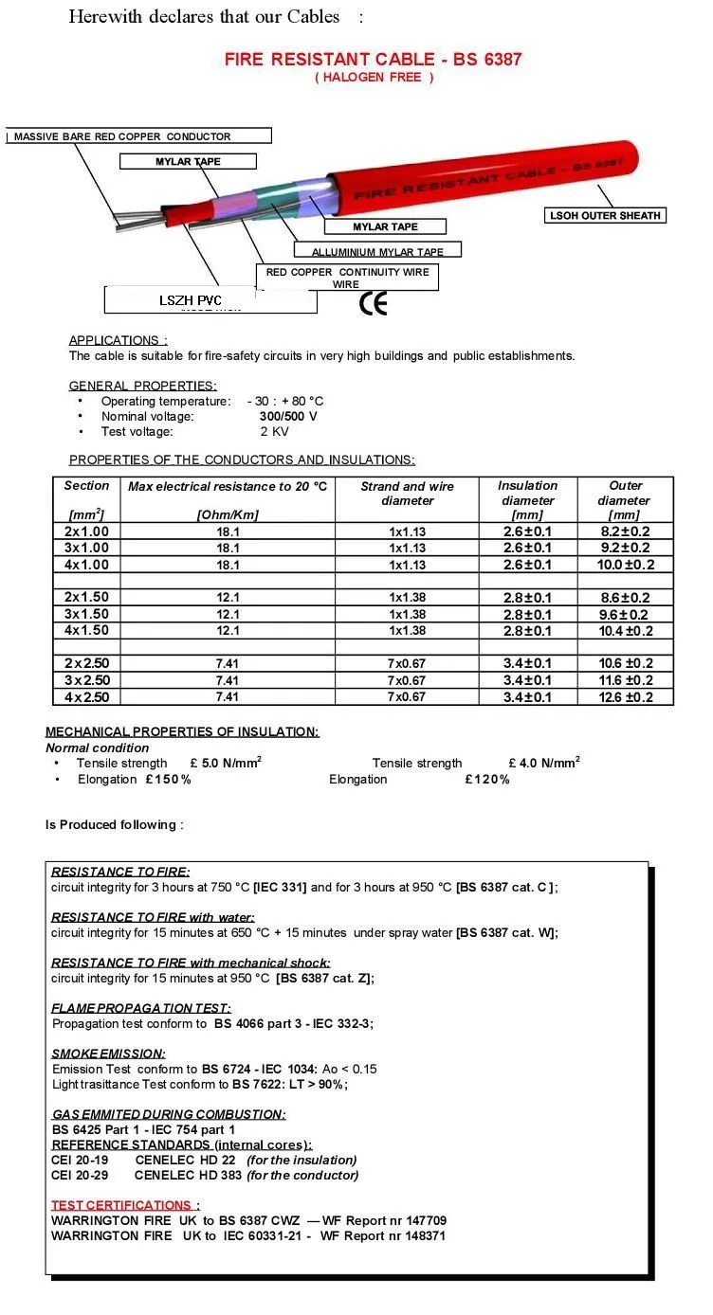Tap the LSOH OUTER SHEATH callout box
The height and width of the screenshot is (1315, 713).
pos(605,216)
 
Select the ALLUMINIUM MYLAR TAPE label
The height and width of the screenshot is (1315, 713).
pos(377,251)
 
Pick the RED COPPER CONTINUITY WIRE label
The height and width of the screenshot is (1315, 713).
pos(347,278)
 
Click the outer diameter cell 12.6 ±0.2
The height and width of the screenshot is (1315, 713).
pos(626,697)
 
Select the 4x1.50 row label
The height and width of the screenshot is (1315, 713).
pos(87,631)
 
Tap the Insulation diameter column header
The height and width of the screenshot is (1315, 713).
pos(527,499)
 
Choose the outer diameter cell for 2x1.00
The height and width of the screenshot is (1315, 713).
pos(626,531)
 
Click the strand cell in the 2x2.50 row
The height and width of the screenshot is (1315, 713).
pos(408,664)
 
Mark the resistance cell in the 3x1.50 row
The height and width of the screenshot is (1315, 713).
pos(228,615)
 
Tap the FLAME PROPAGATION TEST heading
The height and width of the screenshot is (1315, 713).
pos(140,1008)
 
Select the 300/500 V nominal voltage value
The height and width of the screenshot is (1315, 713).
pos(288,416)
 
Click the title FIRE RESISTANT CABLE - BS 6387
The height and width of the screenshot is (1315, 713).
pos(373,59)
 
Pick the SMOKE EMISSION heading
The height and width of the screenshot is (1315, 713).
pos(108,1054)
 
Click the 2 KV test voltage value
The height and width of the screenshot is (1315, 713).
pos(275,431)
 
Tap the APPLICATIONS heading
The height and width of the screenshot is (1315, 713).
pos(118,340)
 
